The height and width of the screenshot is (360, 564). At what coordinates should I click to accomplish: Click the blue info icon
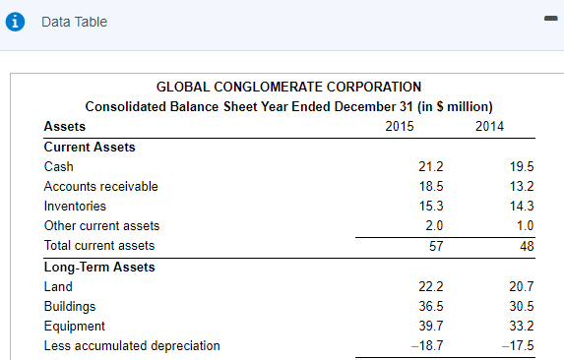coord(16,22)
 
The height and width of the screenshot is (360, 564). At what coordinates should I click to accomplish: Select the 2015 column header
coord(400,126)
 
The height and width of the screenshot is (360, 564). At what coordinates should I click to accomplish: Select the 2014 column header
coord(489,126)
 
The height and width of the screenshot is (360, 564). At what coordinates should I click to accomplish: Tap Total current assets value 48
coord(527,246)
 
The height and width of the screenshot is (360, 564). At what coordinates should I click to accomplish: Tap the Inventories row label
coord(75,207)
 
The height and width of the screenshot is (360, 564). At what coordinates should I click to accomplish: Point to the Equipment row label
coord(75,326)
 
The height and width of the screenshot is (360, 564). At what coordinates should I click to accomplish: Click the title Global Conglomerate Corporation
coord(288,88)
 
